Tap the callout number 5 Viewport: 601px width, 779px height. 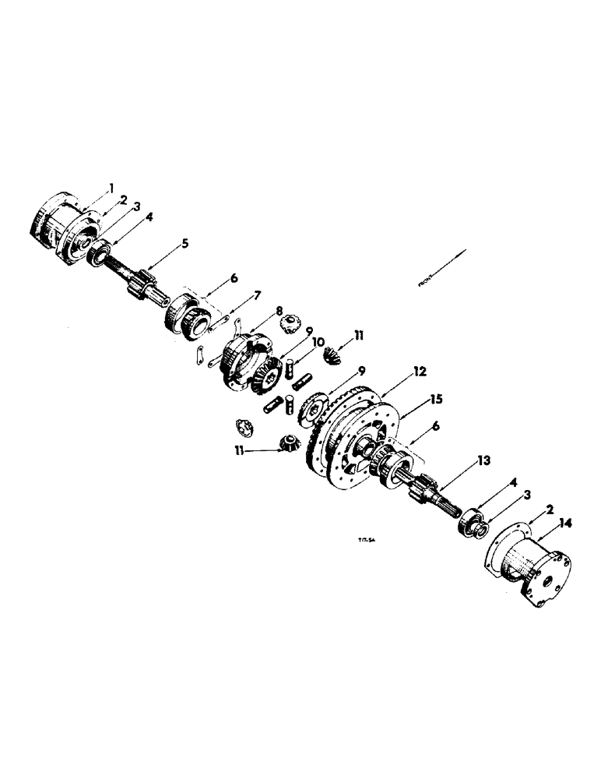185,243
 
